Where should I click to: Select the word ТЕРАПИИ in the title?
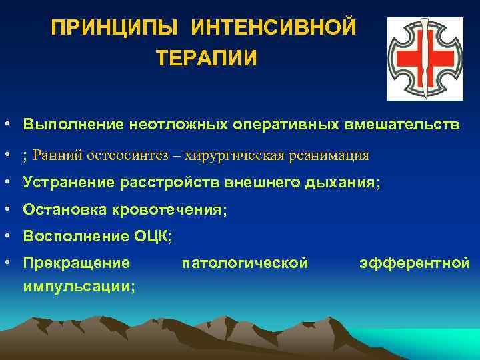[206, 59]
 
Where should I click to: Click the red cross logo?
[425, 58]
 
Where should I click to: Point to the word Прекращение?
[76, 263]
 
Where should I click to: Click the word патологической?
[245, 263]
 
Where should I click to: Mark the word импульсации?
[78, 285]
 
